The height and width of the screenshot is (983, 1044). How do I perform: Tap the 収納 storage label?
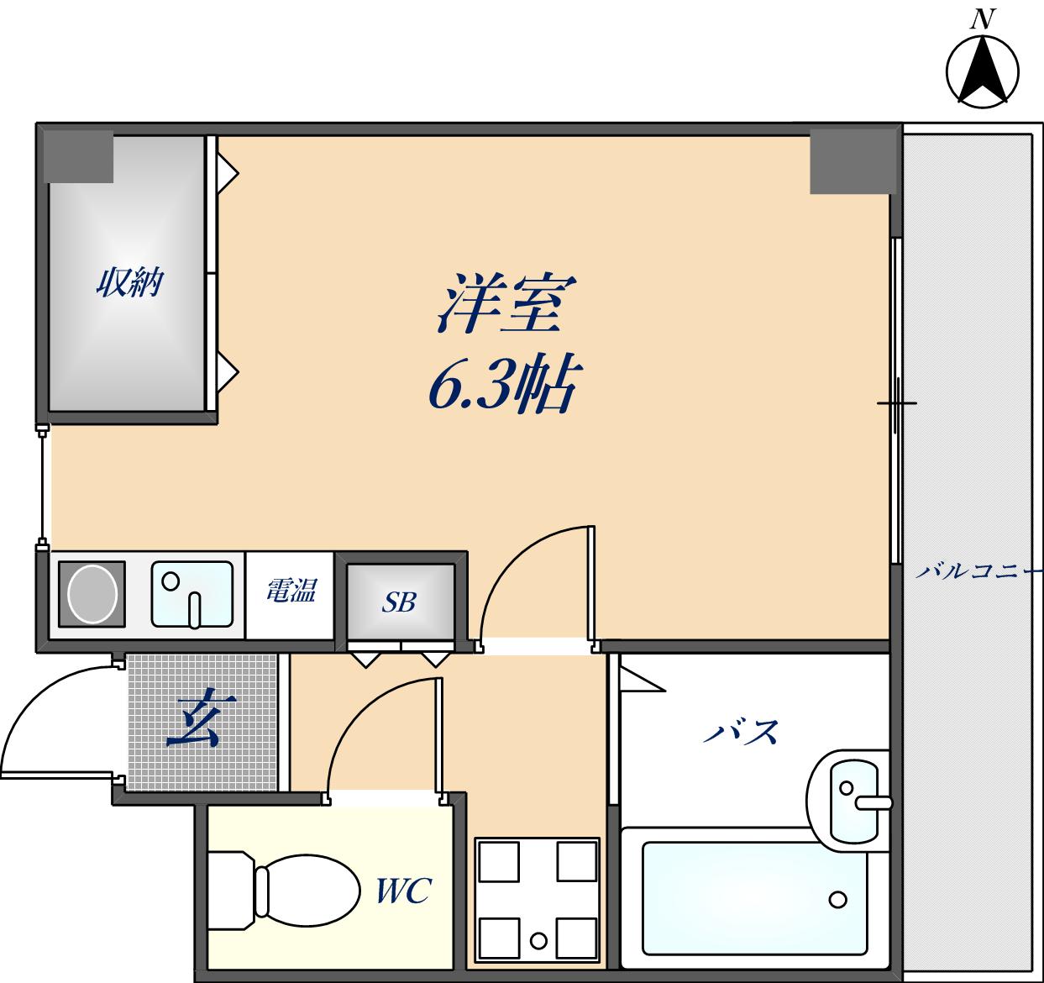pos(129,282)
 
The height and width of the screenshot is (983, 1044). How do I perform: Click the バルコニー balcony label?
pos(977,572)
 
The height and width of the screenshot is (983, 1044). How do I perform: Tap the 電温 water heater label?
pos(291,591)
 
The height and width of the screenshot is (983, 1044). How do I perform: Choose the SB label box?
pos(400,602)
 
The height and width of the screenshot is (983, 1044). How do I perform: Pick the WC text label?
pos(403,891)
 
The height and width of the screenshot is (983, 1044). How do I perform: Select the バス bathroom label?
pos(740,733)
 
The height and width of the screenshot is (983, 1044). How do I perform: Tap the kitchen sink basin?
pos(191,595)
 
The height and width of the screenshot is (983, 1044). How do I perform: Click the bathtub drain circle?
pos(837,900)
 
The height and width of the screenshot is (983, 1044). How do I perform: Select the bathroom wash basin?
pos(850,797)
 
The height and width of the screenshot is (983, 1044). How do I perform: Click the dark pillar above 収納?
pos(78,156)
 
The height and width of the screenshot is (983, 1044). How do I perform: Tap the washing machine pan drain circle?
pos(538,939)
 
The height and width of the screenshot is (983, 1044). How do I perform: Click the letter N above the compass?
pos(982,19)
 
